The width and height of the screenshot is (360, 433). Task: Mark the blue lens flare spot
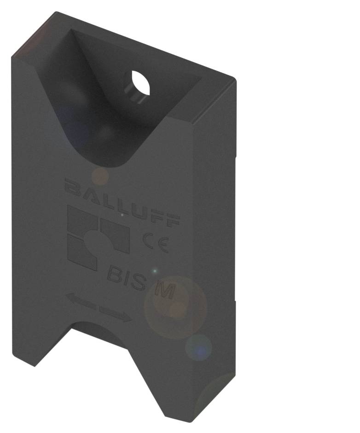point(199,348)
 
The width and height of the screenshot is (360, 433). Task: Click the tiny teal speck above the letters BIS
point(155,271)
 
